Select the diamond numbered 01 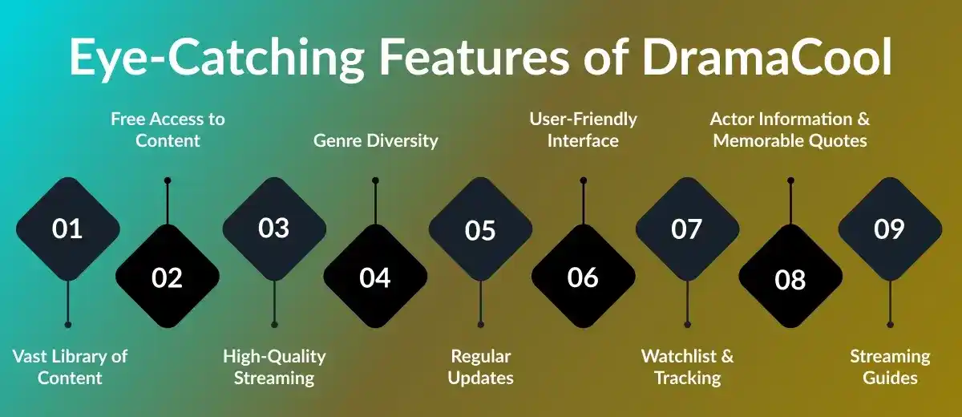(67, 229)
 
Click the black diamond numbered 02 (168, 277)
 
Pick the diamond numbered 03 (274, 229)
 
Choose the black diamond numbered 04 (375, 277)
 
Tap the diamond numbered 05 (480, 229)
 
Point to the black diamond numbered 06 (583, 277)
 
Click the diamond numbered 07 (687, 229)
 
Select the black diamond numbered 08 (790, 278)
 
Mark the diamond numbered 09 (889, 229)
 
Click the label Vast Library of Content (70, 366)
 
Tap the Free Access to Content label (168, 130)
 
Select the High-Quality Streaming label (275, 366)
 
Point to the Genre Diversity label (375, 140)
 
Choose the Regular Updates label (480, 366)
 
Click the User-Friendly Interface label (583, 130)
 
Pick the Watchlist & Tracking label (687, 366)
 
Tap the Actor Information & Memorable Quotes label (790, 130)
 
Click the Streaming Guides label (890, 366)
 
